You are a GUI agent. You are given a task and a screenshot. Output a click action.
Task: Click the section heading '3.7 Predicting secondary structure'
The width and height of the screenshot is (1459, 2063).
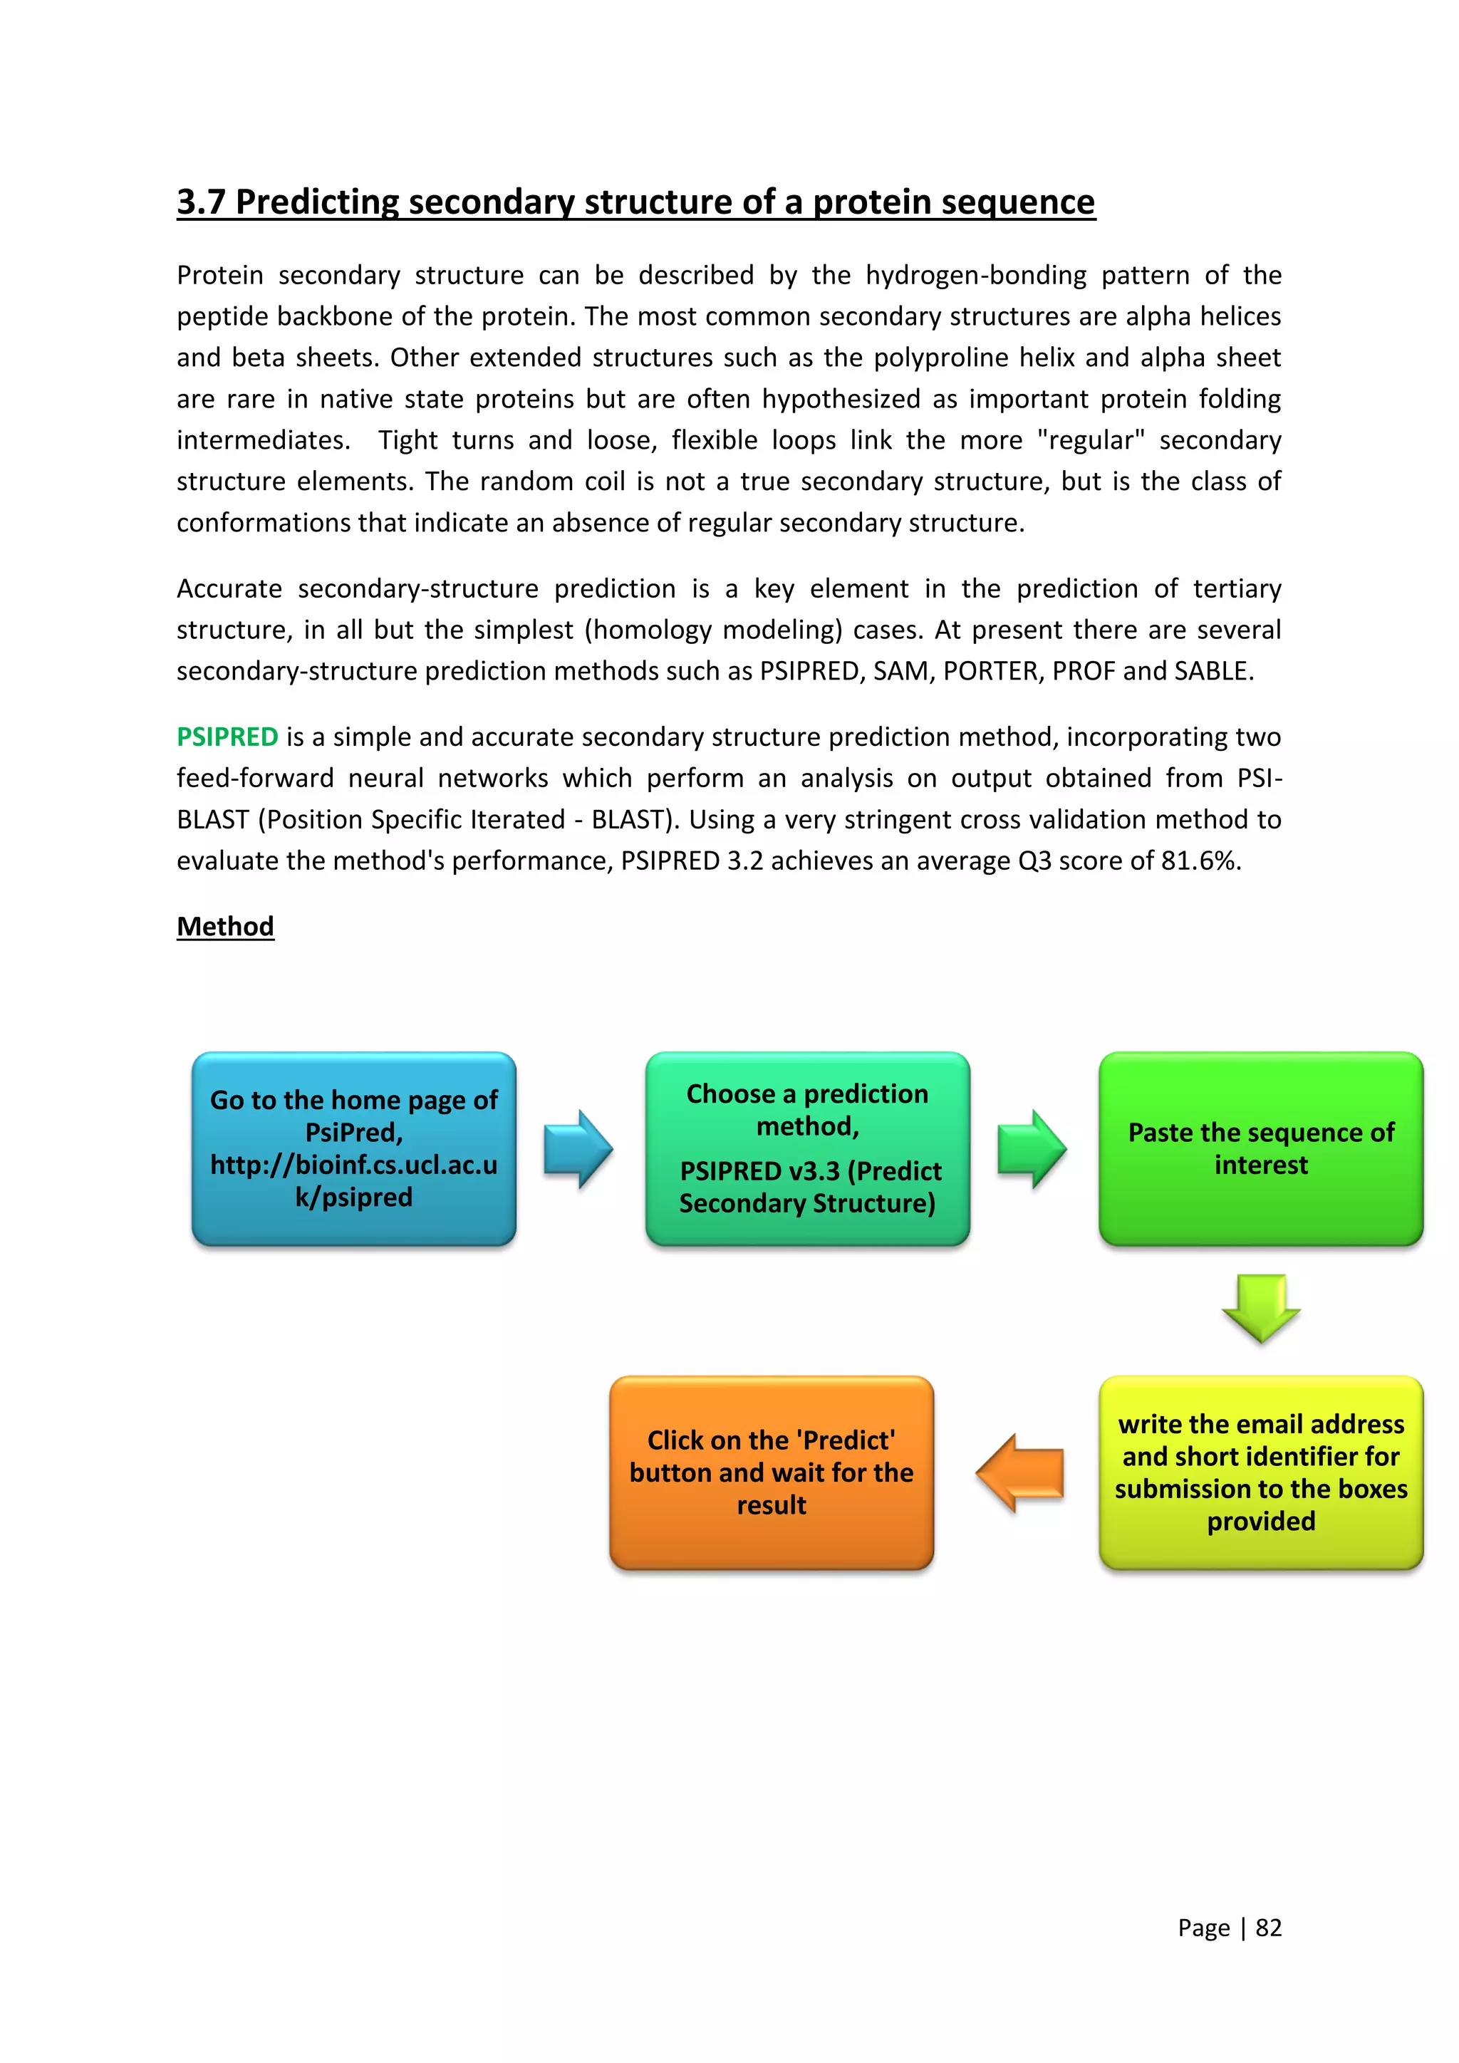click(635, 202)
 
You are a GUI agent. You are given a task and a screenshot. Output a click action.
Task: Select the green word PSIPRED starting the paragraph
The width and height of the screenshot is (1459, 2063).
click(227, 737)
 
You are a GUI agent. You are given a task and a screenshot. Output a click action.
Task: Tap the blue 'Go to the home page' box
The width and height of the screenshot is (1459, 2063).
click(354, 1148)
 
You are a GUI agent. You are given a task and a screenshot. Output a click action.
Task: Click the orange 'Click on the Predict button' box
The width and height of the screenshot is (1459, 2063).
click(771, 1472)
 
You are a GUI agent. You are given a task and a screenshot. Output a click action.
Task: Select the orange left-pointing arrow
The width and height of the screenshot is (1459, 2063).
click(1021, 1472)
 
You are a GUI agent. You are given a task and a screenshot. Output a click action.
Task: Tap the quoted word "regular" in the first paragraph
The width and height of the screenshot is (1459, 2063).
click(1091, 440)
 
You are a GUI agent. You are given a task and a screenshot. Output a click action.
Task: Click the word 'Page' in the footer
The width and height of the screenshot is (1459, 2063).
click(1203, 1928)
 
